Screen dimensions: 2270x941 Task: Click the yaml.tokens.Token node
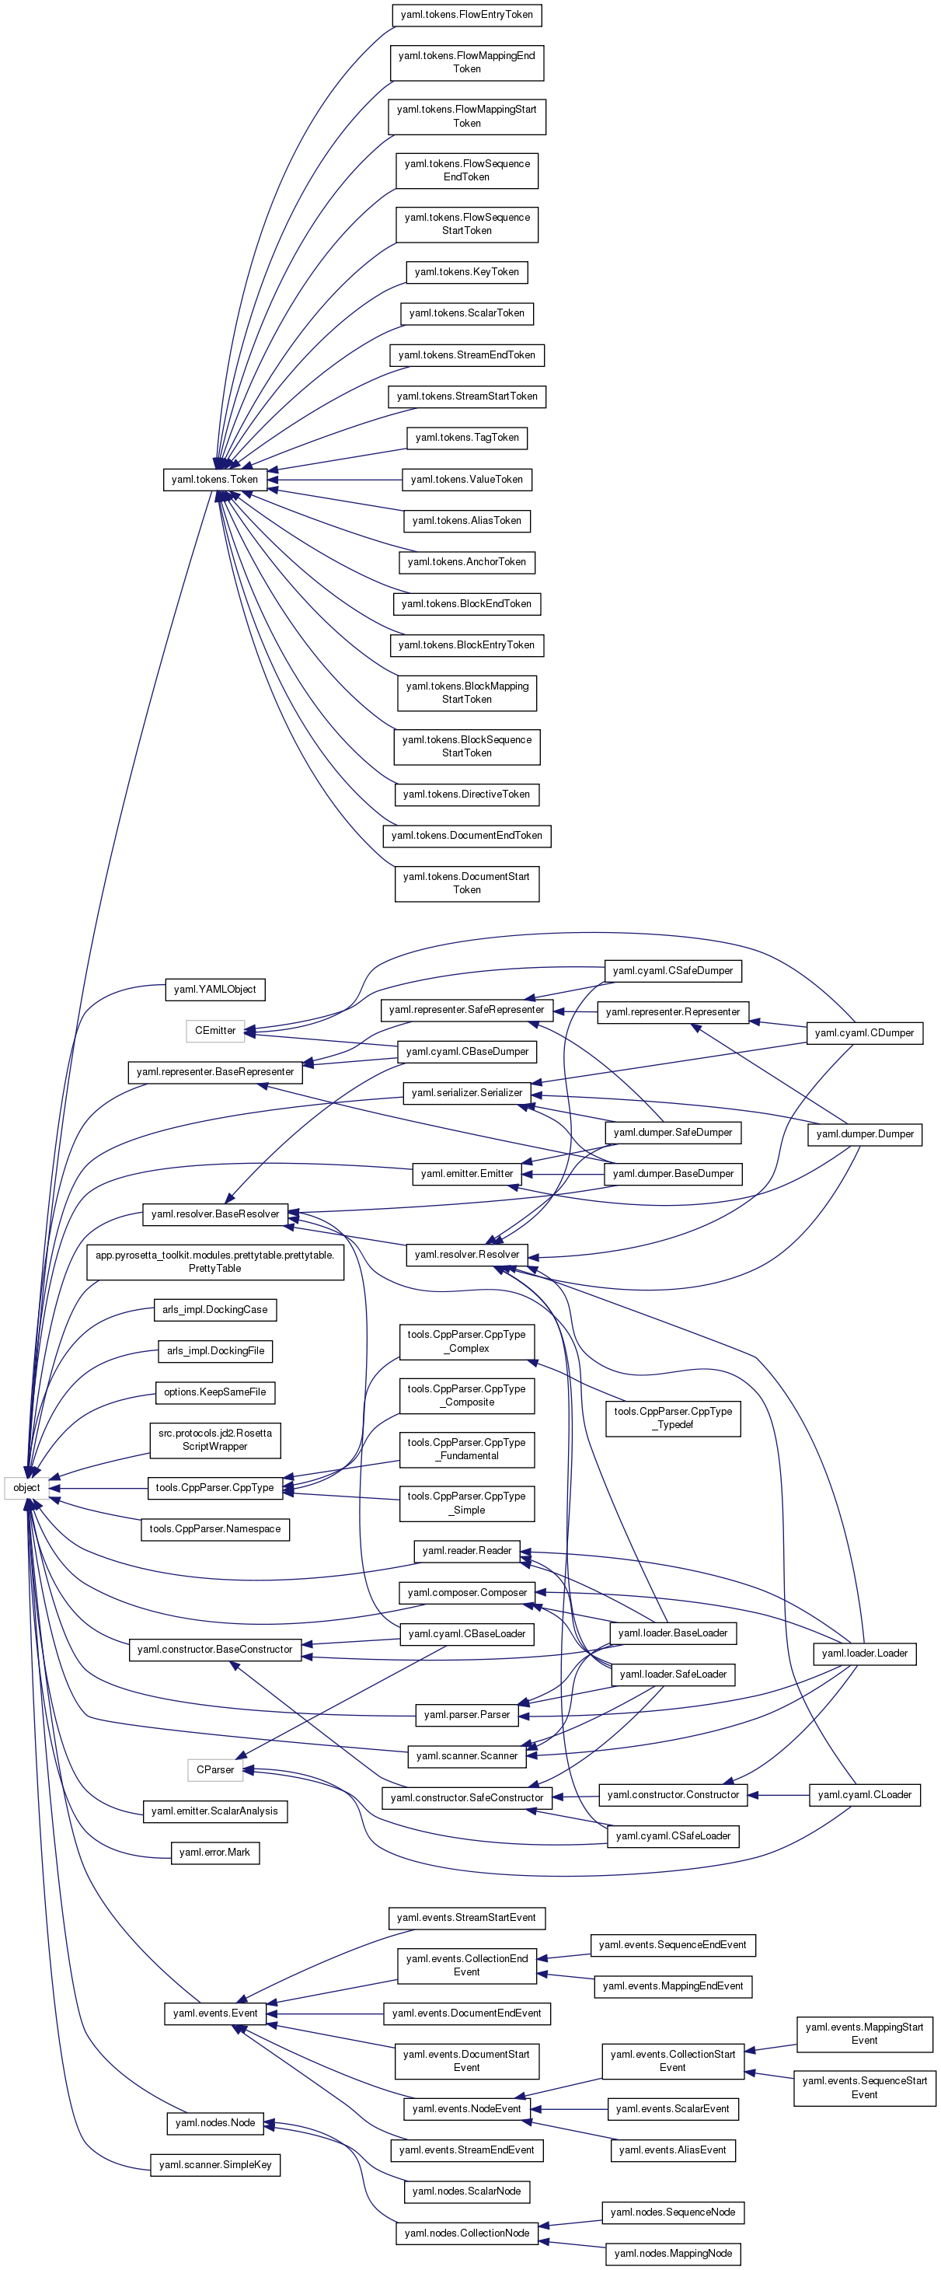[215, 480]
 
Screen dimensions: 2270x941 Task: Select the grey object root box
[26, 1487]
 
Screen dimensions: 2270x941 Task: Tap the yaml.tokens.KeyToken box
[466, 272]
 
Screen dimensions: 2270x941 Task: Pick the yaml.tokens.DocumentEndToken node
[466, 836]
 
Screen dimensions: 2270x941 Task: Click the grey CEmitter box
[215, 1030]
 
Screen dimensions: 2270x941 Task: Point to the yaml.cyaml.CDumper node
[863, 1033]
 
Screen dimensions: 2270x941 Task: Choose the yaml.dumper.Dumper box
[864, 1134]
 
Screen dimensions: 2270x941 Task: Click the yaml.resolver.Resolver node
[466, 1255]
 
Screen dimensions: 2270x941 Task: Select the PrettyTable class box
[215, 1262]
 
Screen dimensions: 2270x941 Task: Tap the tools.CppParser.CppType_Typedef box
[672, 1418]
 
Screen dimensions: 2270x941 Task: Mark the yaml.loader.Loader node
[863, 1654]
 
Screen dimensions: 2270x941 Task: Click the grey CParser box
[215, 1769]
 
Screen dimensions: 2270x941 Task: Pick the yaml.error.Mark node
[214, 1853]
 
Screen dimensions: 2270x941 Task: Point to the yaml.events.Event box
[215, 2013]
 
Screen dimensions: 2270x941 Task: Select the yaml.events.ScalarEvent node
[672, 2109]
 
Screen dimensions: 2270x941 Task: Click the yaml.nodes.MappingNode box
[672, 2253]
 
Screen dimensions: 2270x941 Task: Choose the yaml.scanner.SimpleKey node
[215, 2165]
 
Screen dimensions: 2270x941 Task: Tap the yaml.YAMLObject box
[215, 990]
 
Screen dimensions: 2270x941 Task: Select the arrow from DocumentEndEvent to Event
[330, 2013]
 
